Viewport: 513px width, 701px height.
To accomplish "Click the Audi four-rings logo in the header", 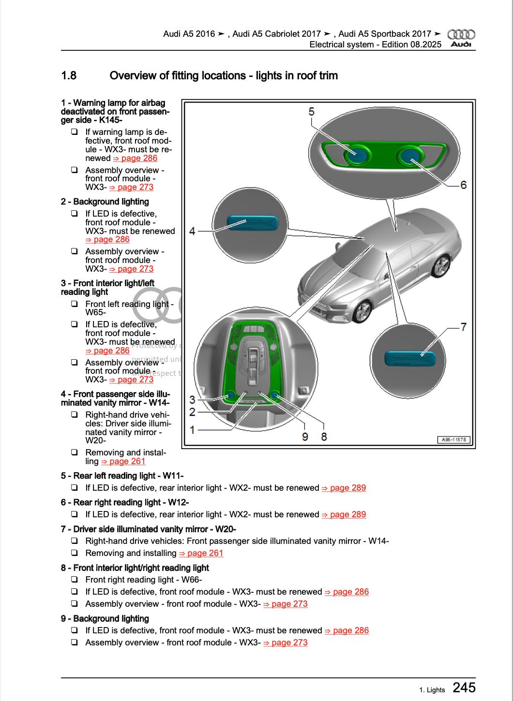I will tap(461, 35).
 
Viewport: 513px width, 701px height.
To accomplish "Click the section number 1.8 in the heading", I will tap(69, 75).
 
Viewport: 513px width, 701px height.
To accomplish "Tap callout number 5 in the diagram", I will tap(311, 112).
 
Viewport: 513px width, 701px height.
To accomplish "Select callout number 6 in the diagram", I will tap(463, 185).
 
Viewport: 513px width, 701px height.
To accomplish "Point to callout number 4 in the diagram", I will tap(192, 231).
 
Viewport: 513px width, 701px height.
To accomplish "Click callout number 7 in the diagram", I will tap(463, 327).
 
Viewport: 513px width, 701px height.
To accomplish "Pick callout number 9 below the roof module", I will tap(305, 437).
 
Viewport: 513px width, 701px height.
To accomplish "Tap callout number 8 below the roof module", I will tap(324, 437).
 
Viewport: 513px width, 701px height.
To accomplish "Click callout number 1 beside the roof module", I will tap(192, 429).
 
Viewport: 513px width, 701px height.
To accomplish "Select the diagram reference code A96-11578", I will tap(454, 440).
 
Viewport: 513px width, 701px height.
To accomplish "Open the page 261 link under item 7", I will tap(201, 553).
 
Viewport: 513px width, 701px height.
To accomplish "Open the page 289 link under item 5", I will tap(344, 488).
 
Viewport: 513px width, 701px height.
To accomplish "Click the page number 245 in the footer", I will tap(464, 687).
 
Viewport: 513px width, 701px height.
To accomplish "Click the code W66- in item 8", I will tap(192, 580).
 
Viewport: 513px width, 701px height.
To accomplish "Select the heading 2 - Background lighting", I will tap(105, 202).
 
